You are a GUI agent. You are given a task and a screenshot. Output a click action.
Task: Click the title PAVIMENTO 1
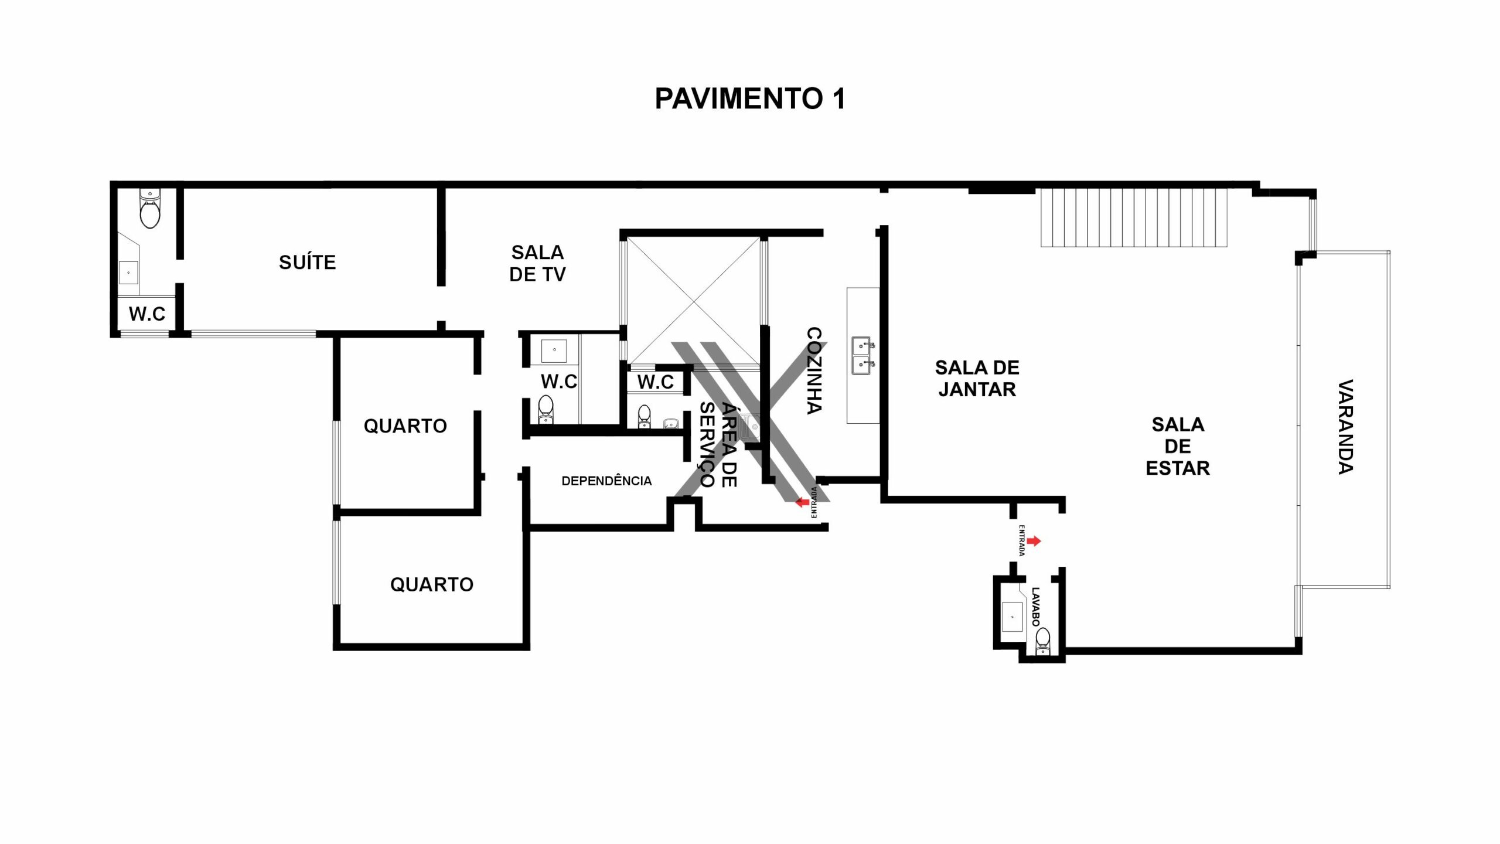pos(750,98)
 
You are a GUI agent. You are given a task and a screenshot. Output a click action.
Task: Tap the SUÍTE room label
pos(308,262)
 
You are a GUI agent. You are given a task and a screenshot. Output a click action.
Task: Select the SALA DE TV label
pos(537,263)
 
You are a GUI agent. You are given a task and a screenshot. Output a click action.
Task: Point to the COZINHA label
pos(814,370)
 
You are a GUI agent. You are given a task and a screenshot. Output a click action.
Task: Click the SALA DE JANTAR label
pos(977,379)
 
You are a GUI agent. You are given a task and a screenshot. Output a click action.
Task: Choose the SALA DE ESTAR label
pos(1178,446)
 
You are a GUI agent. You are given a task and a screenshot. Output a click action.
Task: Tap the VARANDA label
pos(1346,427)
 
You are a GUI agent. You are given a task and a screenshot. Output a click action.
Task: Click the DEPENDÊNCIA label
pos(606,481)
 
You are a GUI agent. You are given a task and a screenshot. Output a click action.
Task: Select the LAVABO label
pos(1035,607)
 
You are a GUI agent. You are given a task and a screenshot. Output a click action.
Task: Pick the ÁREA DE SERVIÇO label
pos(718,445)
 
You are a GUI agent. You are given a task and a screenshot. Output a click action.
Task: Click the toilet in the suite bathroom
pos(150,209)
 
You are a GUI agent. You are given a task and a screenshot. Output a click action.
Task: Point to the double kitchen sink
pos(862,355)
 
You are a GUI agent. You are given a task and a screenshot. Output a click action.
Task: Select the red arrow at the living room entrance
pos(1034,541)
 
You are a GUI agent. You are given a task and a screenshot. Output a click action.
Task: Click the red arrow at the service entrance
pos(802,502)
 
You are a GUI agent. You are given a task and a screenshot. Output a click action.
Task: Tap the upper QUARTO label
pos(405,426)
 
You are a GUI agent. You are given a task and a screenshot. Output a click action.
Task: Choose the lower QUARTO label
pos(432,584)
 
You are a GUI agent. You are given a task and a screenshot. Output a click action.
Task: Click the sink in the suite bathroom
pos(128,273)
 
